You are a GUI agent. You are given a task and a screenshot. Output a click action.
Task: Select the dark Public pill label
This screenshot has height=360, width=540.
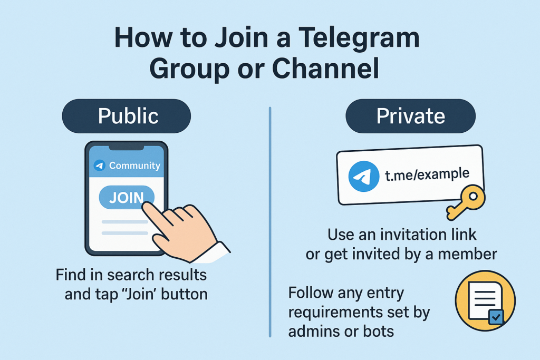pyautogui.click(x=127, y=116)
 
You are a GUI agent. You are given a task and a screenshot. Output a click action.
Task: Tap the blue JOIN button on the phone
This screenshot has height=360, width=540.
pyautogui.click(x=127, y=198)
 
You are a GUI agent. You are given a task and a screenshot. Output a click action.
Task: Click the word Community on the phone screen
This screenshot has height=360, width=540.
pyautogui.click(x=134, y=166)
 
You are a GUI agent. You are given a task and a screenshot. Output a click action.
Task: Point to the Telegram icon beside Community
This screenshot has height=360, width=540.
pyautogui.click(x=100, y=166)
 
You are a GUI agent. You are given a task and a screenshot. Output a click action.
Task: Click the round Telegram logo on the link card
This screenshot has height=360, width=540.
pyautogui.click(x=364, y=177)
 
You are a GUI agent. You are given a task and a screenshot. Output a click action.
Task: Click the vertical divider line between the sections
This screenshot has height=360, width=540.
pyautogui.click(x=270, y=221)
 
